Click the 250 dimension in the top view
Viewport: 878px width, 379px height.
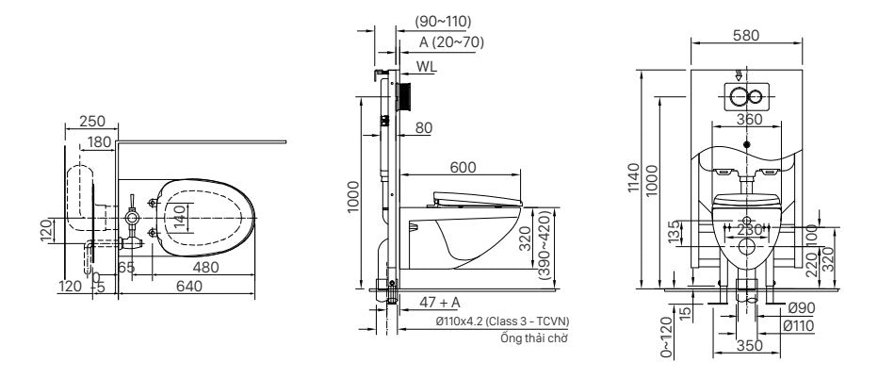(x=91, y=122)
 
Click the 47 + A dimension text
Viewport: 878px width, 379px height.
(x=440, y=302)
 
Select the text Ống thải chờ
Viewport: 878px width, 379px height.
(x=533, y=337)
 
